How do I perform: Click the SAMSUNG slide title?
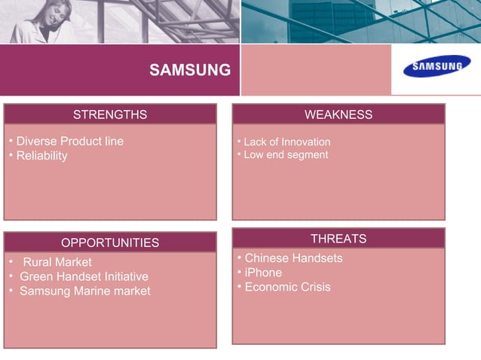click(190, 71)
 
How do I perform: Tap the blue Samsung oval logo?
click(436, 69)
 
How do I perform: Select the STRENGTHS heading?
click(110, 114)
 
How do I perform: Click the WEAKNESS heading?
click(339, 114)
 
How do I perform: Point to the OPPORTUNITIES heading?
click(110, 243)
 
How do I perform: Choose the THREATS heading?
click(339, 239)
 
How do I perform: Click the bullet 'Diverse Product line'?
click(69, 142)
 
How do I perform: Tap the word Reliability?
click(41, 156)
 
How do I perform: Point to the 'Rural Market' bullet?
click(57, 262)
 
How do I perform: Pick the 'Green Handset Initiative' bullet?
click(84, 276)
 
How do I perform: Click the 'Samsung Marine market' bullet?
click(84, 291)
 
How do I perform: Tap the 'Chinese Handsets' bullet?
click(293, 258)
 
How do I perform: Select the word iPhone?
click(263, 273)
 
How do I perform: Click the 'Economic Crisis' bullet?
click(287, 287)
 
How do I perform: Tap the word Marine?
click(94, 291)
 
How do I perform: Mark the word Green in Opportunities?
click(35, 276)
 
